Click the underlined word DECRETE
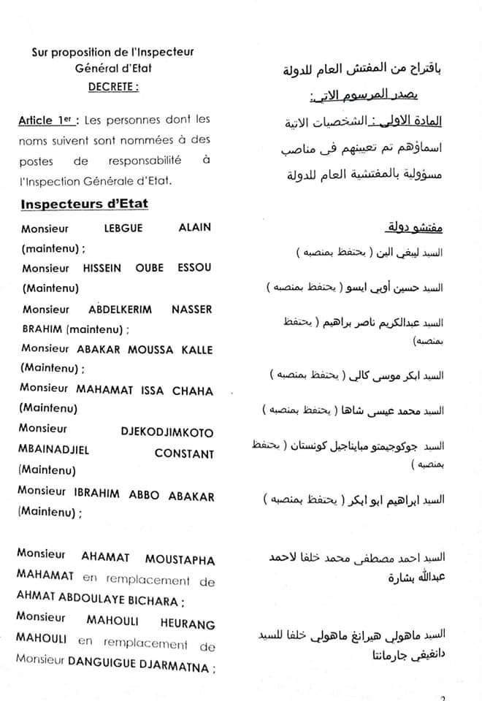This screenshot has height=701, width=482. coord(112,85)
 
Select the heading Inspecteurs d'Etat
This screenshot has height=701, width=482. coord(85,204)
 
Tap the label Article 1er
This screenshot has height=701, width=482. coord(50,120)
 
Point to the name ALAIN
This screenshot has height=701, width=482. coord(194,227)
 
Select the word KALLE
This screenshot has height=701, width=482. coord(194,350)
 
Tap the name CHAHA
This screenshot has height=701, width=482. coord(194,391)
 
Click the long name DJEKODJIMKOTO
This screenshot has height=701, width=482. coord(167,431)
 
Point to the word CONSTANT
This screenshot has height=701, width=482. coord(185,453)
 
